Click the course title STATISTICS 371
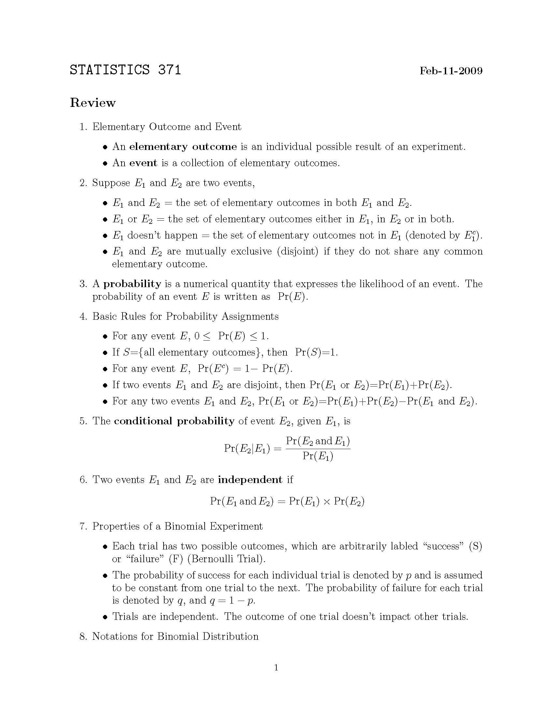[125, 70]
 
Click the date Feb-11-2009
[451, 71]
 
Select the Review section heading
[93, 103]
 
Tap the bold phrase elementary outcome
[183, 147]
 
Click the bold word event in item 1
[143, 163]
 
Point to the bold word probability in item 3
[132, 284]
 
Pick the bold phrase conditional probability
[174, 421]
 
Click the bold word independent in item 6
[250, 480]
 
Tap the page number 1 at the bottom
[276, 668]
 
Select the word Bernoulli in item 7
[214, 559]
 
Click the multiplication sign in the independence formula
[327, 502]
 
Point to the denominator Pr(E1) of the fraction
[318, 456]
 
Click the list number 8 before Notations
[82, 637]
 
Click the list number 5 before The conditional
[82, 421]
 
